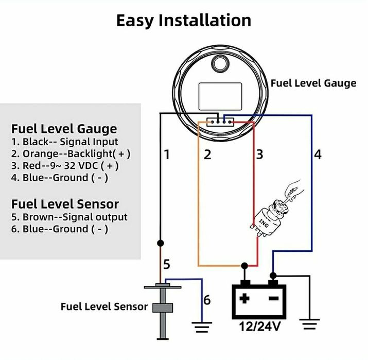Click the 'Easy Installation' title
pos(184,20)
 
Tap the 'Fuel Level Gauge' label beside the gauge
pos(313,83)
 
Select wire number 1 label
pos(166,154)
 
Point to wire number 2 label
pos(207,154)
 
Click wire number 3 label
pos(259,154)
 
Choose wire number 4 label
pos(318,154)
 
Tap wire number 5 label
pos(166,265)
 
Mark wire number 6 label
pos(206,300)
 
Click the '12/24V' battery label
pos(260,327)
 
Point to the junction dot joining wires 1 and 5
pos(161,242)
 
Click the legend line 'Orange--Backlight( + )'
pos(71,153)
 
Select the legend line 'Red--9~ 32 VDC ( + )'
pos(65,166)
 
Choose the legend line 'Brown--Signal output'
pos(69,217)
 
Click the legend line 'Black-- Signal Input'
pos(64,141)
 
